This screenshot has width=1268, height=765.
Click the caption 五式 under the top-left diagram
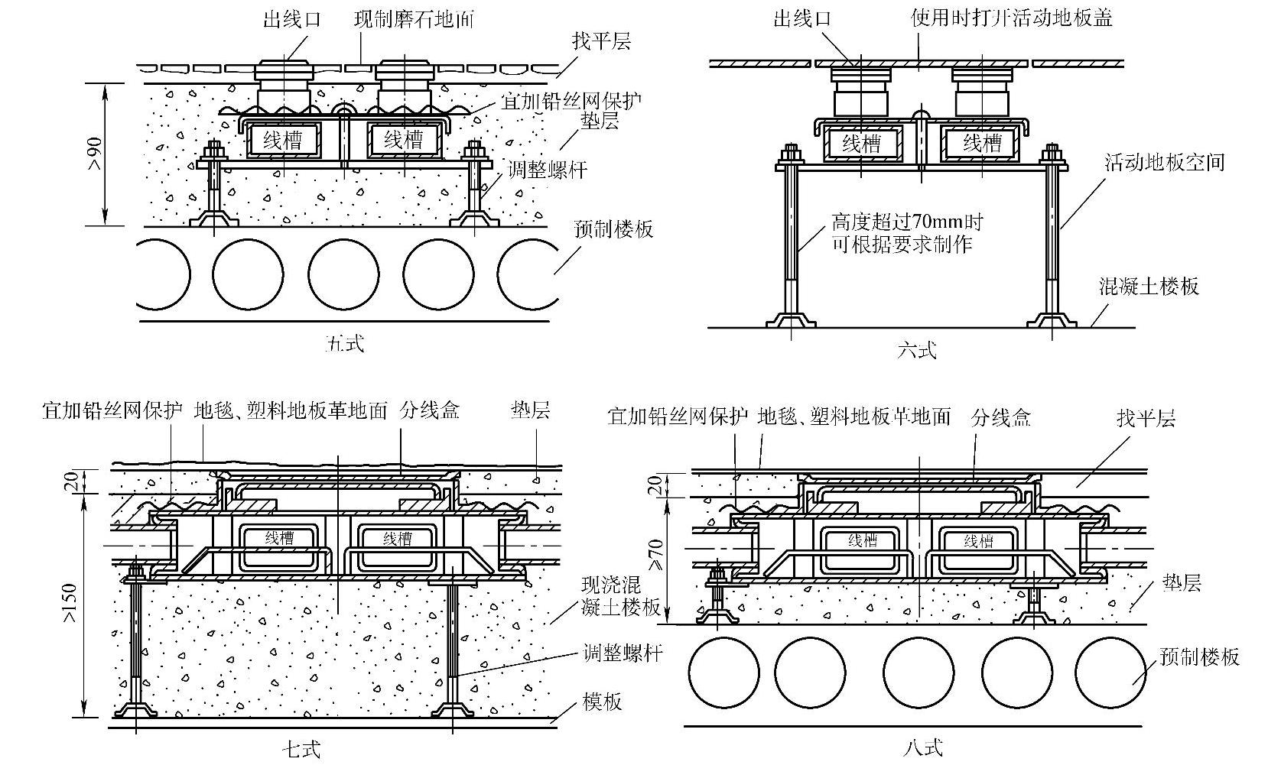tap(344, 343)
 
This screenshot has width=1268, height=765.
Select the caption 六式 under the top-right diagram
tap(917, 351)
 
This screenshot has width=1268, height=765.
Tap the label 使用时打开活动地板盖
tap(1011, 18)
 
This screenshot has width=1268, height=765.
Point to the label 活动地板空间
tap(1164, 162)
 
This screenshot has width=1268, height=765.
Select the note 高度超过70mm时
tap(906, 223)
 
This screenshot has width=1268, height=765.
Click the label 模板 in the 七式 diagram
tap(602, 701)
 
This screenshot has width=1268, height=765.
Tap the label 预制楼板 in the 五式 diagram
tap(613, 229)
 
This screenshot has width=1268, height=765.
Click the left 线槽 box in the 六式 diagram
tap(861, 143)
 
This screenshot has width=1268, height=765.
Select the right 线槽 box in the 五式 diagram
tap(403, 139)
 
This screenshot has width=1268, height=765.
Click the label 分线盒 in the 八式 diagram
tap(1001, 417)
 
